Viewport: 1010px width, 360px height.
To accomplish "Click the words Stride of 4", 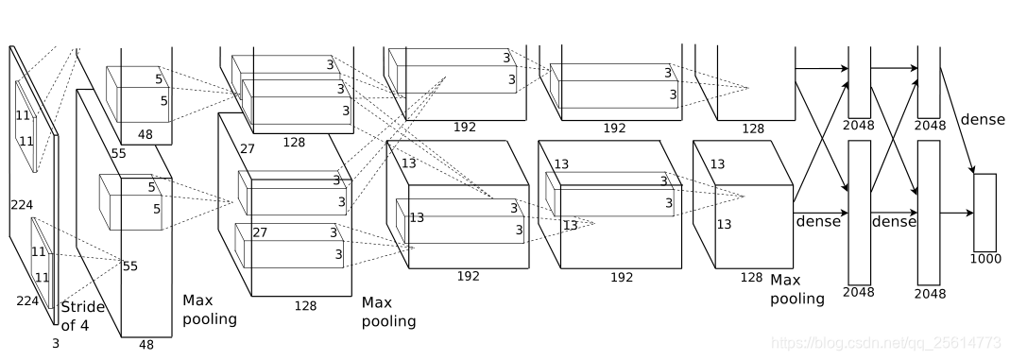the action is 83,317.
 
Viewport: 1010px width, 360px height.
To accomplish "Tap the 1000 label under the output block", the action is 985,259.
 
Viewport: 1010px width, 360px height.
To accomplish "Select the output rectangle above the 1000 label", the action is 984,213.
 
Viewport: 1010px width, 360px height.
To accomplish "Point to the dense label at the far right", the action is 983,119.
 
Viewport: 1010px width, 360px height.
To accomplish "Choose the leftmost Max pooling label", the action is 210,309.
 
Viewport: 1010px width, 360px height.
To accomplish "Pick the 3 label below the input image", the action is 56,344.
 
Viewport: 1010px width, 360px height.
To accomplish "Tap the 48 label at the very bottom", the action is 146,345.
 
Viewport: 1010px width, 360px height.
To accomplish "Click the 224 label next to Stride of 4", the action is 27,300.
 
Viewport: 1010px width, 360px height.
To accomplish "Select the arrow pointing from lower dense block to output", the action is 956,213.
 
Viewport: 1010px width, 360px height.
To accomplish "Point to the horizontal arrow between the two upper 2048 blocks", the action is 894,68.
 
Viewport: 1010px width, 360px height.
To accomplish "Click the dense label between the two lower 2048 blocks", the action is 894,221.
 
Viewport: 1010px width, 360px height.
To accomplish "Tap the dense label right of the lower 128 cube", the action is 818,221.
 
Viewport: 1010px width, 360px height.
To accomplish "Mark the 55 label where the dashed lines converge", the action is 130,266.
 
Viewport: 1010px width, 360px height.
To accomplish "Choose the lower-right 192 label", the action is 621,278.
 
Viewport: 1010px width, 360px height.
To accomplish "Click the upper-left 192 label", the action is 465,127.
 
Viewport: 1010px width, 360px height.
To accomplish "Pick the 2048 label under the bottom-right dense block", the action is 929,294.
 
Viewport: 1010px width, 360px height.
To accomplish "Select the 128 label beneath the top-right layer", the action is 752,129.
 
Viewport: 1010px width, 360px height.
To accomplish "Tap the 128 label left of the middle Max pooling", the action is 304,305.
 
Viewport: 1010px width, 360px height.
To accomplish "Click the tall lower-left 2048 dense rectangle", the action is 859,213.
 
